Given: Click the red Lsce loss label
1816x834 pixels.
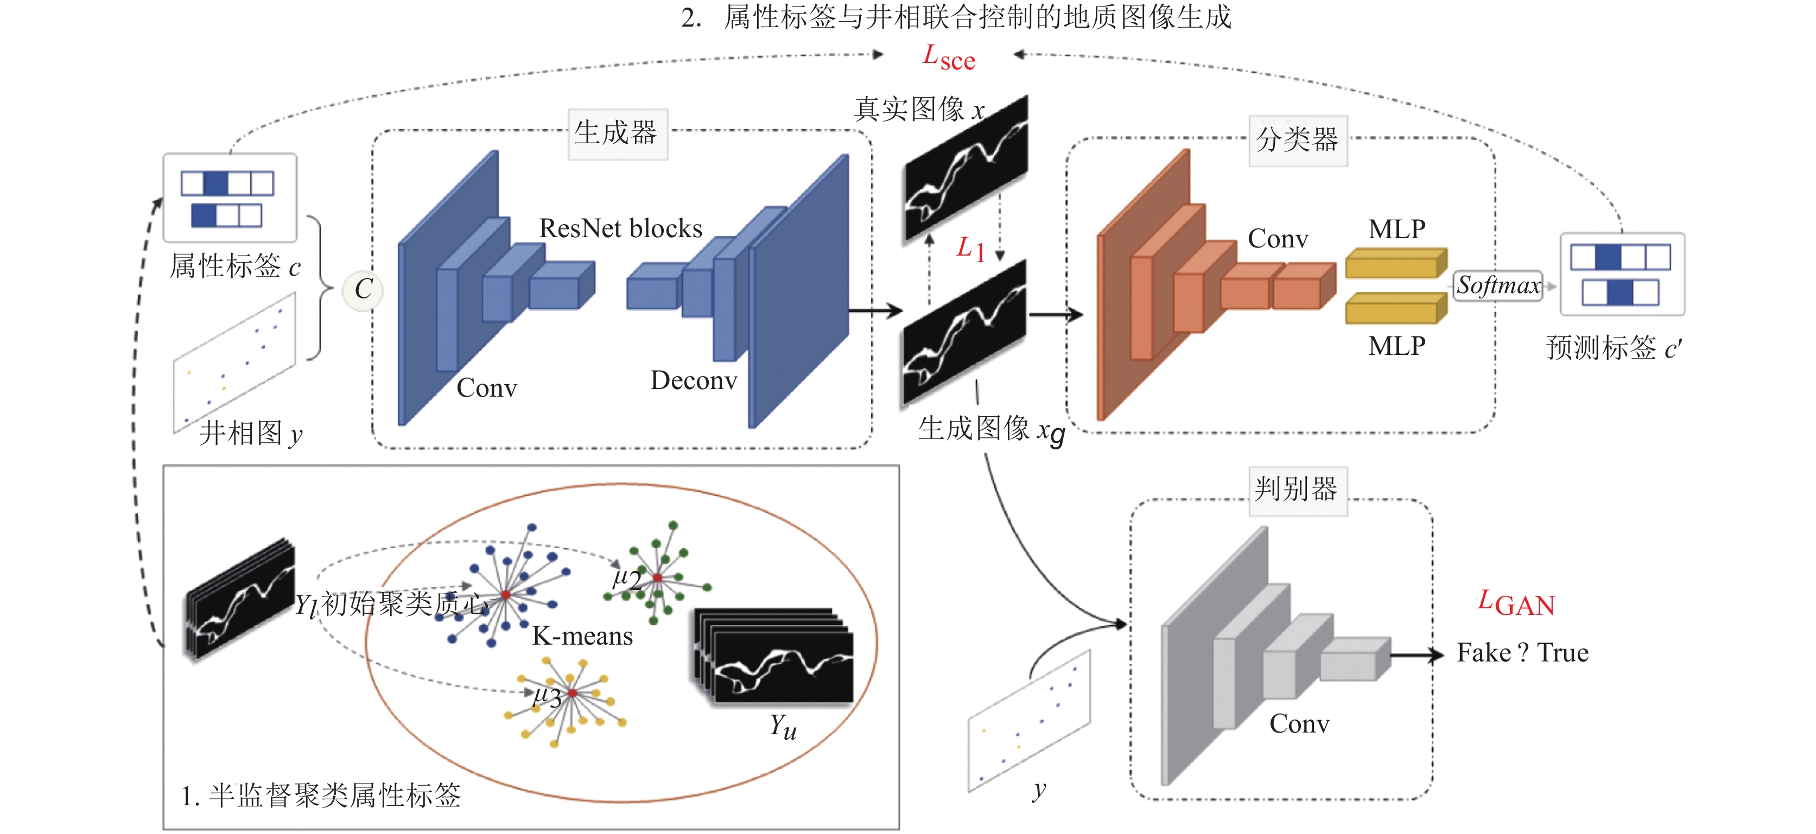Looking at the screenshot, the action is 949,57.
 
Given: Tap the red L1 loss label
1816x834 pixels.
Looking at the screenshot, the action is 970,249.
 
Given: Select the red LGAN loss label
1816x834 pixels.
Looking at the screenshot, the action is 1516,603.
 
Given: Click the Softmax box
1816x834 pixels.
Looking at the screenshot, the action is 1498,285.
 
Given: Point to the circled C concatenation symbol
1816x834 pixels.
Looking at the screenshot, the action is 363,289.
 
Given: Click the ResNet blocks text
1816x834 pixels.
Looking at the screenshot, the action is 620,228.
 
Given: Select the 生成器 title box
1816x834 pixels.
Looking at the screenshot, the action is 618,133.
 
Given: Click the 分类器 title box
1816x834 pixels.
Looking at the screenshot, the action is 1298,141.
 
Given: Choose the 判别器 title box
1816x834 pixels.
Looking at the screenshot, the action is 1297,490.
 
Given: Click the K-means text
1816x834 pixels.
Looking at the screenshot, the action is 582,636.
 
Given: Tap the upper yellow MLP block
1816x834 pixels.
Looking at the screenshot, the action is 1396,263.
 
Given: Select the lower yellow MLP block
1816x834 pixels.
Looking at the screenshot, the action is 1396,308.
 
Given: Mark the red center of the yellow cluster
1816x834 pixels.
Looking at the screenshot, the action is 573,693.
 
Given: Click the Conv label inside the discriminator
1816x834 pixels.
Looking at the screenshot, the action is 1299,723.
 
